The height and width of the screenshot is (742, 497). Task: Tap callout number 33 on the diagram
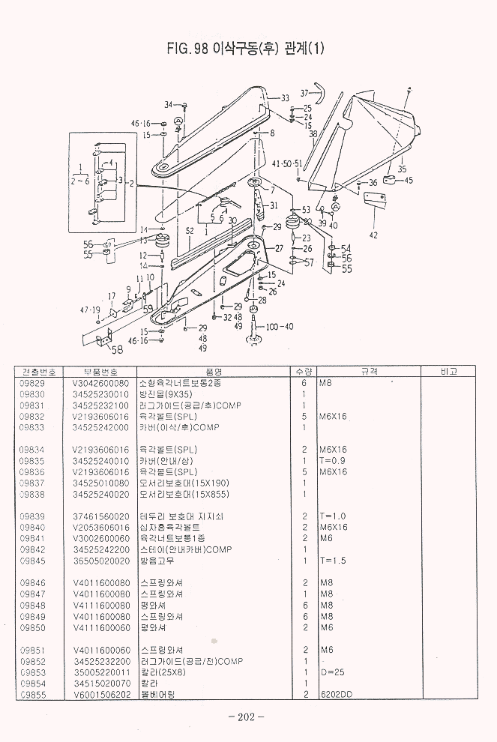click(x=285, y=98)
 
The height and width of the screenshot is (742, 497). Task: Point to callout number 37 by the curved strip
click(x=304, y=93)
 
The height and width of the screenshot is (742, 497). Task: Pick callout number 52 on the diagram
click(x=190, y=231)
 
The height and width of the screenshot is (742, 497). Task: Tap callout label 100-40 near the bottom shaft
click(x=280, y=326)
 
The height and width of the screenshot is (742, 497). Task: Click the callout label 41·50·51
click(x=287, y=163)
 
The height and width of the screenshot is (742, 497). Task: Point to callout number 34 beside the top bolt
click(x=169, y=104)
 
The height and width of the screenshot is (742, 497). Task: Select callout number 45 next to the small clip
click(x=409, y=180)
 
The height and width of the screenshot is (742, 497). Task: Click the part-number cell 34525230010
click(x=100, y=394)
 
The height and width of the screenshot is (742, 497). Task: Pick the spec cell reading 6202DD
click(x=335, y=695)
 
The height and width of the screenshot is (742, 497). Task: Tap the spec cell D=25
click(x=331, y=672)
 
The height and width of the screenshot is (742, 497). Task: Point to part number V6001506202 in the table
click(x=101, y=695)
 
